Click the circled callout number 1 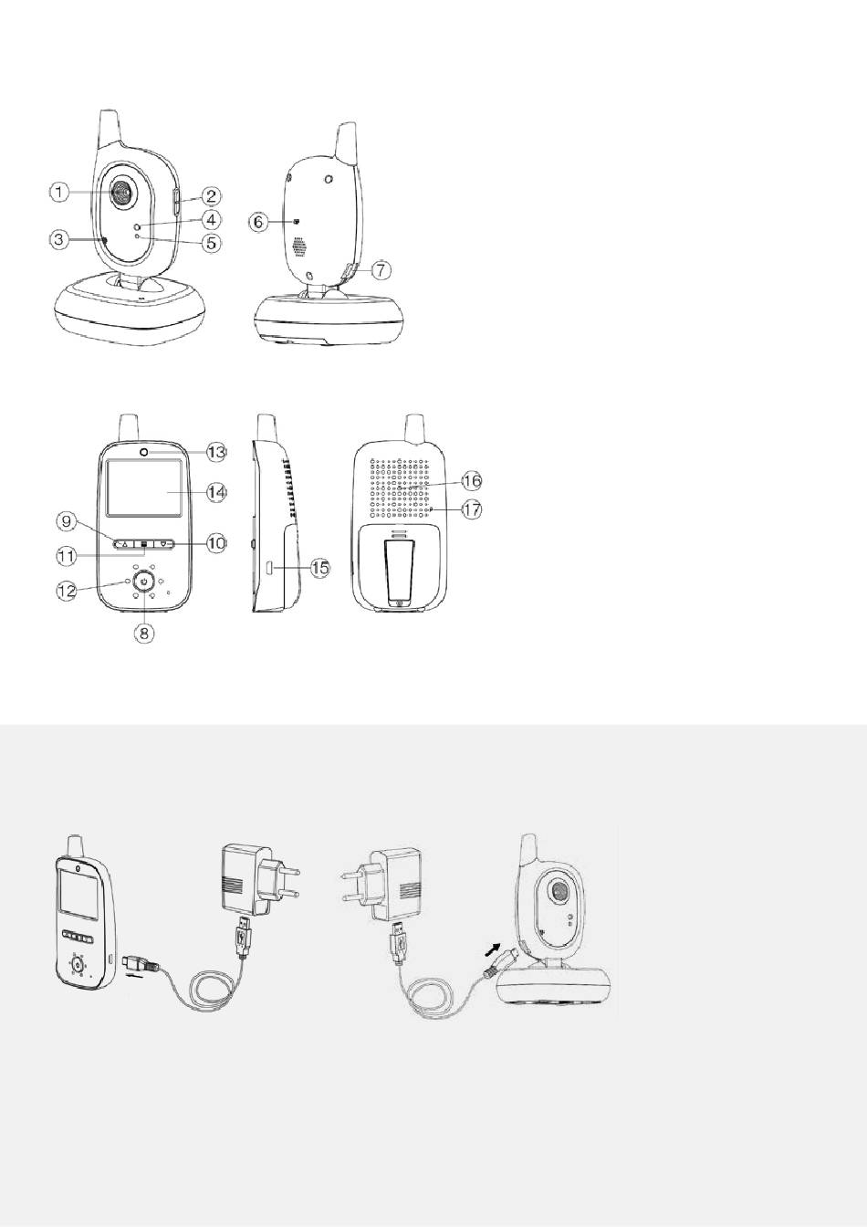(59, 193)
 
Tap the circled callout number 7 (381, 269)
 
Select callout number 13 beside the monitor (216, 452)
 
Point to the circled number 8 (144, 634)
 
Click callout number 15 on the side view (320, 568)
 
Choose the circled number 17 (472, 510)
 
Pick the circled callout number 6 (259, 222)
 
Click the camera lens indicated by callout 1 (121, 193)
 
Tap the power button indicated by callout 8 (144, 582)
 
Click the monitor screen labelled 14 (144, 488)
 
